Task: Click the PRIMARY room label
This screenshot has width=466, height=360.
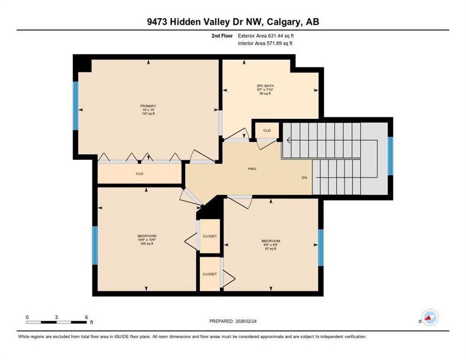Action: pos(148,106)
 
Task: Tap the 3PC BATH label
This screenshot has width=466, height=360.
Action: pos(265,86)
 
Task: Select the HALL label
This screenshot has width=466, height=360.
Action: pos(252,169)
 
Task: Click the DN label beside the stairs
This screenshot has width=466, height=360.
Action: pos(304,178)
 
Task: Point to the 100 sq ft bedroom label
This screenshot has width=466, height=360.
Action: pos(147,236)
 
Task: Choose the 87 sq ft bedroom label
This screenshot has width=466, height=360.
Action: pos(271,241)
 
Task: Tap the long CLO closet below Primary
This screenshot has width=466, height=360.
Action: pos(139,174)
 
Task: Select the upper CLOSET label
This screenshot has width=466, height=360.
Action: pos(210,236)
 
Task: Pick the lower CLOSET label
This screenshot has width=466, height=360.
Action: pos(210,274)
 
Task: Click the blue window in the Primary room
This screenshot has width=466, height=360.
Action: pos(75,105)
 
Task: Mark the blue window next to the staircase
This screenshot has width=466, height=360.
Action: pos(390,156)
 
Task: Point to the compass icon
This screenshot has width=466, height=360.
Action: pos(429,317)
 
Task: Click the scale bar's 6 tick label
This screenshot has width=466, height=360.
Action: pos(87,317)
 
